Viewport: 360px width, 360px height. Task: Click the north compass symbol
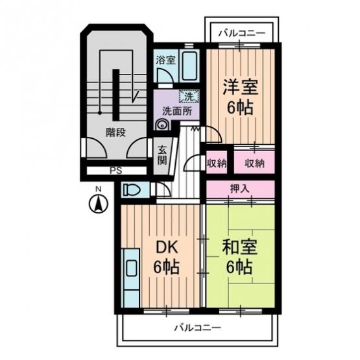[99, 204]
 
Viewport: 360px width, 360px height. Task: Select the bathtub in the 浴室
[189, 66]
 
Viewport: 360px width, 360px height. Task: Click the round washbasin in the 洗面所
[162, 125]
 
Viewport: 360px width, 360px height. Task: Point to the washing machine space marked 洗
[189, 96]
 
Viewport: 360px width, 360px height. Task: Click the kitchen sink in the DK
[132, 268]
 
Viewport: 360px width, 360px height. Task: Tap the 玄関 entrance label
[162, 156]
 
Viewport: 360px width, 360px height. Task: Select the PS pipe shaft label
[115, 171]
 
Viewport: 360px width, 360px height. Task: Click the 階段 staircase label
[115, 132]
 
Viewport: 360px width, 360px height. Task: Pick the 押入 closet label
[240, 189]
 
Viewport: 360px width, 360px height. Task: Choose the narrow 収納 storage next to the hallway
[217, 162]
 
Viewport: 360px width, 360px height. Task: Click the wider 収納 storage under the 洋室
[254, 162]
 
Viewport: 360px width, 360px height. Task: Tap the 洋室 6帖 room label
[241, 97]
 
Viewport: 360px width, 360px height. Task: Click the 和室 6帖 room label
[240, 257]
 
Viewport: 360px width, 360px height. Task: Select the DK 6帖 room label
[166, 257]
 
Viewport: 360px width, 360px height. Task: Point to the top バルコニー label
[241, 33]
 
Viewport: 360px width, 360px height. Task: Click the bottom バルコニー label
[198, 328]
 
